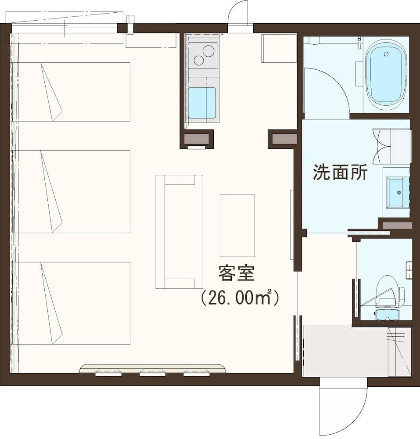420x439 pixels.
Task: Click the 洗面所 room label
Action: (340, 173)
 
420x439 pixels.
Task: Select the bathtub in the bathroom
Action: (386, 75)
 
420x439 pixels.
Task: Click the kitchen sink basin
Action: (202, 103)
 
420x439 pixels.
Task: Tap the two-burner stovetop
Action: (202, 55)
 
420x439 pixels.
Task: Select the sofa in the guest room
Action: (179, 231)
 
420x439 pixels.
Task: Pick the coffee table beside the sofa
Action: (237, 226)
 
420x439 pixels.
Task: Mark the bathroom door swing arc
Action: (327, 90)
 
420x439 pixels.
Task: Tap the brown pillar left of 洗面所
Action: (282, 139)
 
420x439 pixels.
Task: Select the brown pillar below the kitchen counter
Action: (196, 139)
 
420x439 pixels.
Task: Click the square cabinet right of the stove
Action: (279, 48)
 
